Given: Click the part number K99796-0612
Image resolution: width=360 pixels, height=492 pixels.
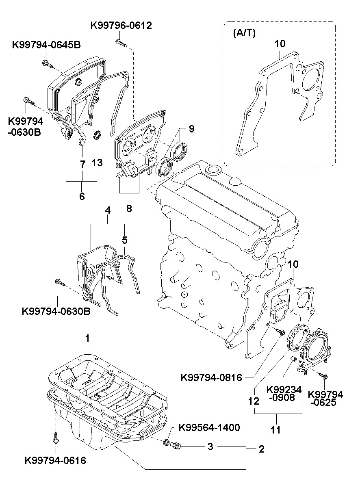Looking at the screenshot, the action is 121,26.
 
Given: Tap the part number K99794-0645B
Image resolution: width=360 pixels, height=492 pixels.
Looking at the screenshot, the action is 46,45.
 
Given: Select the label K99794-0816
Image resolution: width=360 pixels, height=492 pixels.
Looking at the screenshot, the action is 211,377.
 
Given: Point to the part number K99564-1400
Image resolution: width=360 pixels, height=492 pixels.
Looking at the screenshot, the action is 209,427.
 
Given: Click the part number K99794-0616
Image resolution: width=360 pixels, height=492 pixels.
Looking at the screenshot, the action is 55,460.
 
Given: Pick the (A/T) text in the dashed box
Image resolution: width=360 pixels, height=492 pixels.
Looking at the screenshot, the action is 244,33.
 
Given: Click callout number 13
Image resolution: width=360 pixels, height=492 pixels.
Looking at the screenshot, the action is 97,163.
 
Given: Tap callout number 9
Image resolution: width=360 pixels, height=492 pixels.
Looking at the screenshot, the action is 191,129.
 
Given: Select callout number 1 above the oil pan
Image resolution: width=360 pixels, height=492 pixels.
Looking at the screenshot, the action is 87,338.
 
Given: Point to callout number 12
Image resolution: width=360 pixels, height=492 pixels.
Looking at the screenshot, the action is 254,401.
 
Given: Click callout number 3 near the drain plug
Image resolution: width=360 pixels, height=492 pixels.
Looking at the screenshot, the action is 210,446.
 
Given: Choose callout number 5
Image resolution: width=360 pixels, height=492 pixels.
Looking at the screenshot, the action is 125,240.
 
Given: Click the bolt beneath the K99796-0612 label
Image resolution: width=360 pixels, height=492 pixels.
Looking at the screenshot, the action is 121,42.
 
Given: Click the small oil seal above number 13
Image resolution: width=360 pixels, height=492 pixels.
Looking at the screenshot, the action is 97,134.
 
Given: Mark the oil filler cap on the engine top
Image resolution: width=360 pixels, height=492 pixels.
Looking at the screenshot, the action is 212,169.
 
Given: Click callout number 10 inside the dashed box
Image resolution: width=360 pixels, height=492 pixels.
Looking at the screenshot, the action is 280,43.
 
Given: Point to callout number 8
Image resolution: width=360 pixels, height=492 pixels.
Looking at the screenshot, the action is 129,208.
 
